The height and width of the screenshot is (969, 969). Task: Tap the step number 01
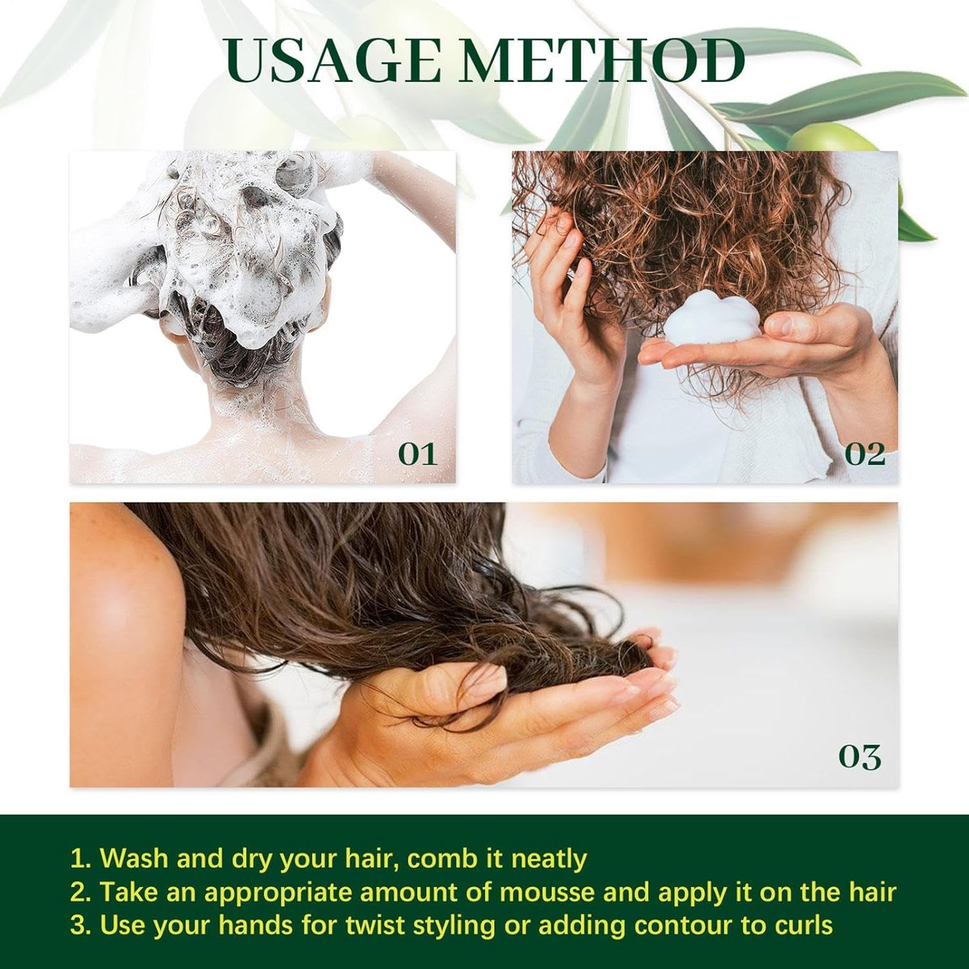417,454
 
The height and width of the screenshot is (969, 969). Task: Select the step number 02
864,454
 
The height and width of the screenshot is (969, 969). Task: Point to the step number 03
860,756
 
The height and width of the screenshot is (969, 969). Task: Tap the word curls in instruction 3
800,925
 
